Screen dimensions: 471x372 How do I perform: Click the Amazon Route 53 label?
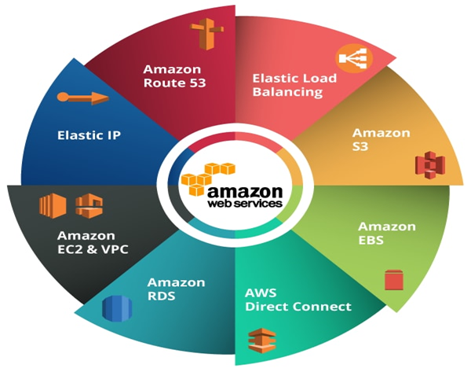[x=174, y=76]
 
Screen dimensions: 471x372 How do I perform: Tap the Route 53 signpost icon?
[x=207, y=34]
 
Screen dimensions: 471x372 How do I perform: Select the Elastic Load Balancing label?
[x=294, y=85]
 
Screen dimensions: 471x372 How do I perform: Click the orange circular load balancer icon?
[x=354, y=58]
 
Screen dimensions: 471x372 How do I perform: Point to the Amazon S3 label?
[x=382, y=139]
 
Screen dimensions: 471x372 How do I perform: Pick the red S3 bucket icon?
[x=430, y=164]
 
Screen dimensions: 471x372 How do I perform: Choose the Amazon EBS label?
[x=387, y=234]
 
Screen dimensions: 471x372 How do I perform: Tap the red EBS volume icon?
[x=393, y=280]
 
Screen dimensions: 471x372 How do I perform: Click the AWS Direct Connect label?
[x=298, y=300]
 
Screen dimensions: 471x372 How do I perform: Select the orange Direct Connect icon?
[x=262, y=341]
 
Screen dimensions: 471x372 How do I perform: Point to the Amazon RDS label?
[x=177, y=289]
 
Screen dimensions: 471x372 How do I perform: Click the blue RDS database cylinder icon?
[x=117, y=308]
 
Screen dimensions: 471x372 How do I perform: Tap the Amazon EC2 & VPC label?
[x=93, y=242]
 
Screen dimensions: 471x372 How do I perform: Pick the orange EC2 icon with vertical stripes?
[x=53, y=205]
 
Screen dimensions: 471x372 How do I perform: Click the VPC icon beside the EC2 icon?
[x=89, y=206]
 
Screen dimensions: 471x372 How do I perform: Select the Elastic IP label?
[x=89, y=135]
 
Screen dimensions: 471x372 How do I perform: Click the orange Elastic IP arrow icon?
[x=83, y=98]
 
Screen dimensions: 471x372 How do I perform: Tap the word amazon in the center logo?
[x=244, y=192]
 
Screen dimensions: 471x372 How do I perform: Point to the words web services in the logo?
[x=245, y=203]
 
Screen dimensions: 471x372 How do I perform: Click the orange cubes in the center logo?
[x=207, y=179]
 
